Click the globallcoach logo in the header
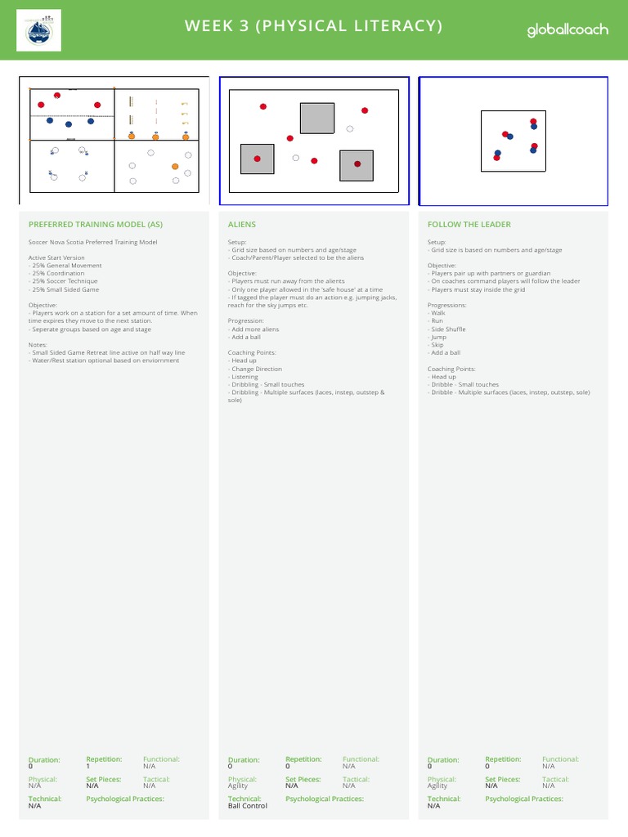567,30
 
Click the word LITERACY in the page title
391,26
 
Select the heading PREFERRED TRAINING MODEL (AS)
95,224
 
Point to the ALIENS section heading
241,224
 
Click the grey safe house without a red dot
316,118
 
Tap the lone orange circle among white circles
175,166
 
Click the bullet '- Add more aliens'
254,329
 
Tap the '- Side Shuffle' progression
447,329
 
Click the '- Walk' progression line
437,313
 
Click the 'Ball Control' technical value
248,806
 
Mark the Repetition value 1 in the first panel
87,767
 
